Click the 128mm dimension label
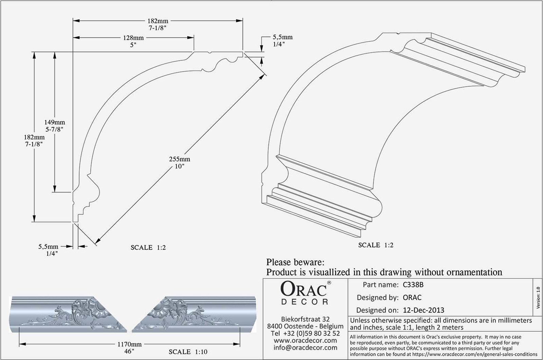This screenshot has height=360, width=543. pyautogui.click(x=133, y=38)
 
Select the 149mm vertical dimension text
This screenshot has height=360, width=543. pyautogui.click(x=55, y=122)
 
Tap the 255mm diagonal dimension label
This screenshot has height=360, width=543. pyautogui.click(x=180, y=159)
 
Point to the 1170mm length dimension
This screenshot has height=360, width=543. pyautogui.click(x=129, y=344)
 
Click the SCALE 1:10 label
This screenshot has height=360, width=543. pyautogui.click(x=188, y=352)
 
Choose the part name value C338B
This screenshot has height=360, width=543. pyautogui.click(x=413, y=285)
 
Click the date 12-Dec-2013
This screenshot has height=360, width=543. pyautogui.click(x=424, y=310)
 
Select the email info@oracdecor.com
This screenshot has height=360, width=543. pyautogui.click(x=305, y=348)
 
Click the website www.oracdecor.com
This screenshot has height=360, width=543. pyautogui.click(x=305, y=340)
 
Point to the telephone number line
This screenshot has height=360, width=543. pyautogui.click(x=305, y=333)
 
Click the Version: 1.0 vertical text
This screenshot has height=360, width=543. pyautogui.click(x=538, y=298)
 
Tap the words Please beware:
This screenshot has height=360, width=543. pyautogui.click(x=295, y=262)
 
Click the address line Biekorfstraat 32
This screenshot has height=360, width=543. pyautogui.click(x=305, y=319)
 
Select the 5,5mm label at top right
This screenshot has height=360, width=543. pyautogui.click(x=283, y=37)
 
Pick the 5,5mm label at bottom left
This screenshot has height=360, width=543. pyautogui.click(x=48, y=247)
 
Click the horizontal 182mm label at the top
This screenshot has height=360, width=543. pyautogui.click(x=158, y=21)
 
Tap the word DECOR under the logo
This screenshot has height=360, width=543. pyautogui.click(x=305, y=302)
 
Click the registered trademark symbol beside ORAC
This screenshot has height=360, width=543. pyautogui.click(x=329, y=282)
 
